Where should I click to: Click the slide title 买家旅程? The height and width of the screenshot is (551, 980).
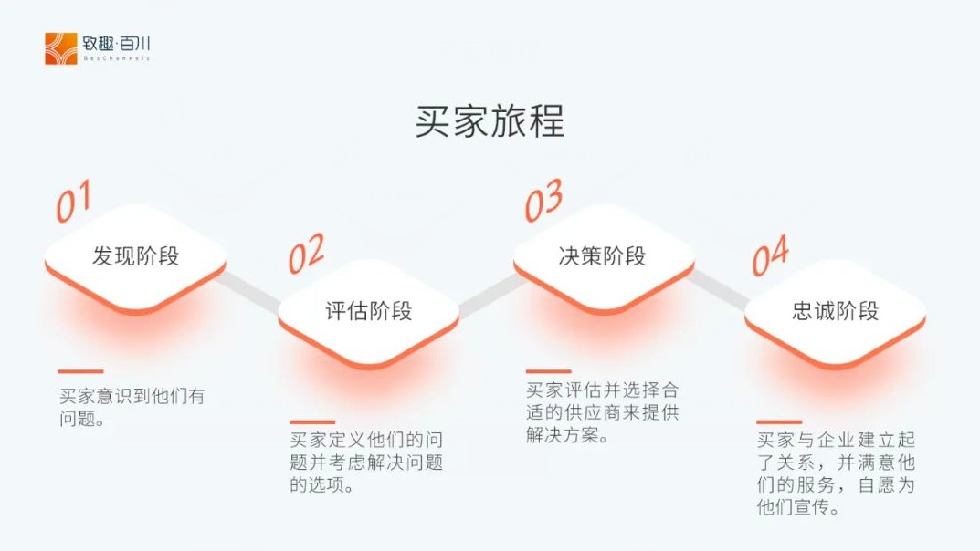[490, 120]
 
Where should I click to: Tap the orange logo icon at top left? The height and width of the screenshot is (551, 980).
[60, 48]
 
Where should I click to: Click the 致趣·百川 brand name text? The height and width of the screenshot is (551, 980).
[116, 44]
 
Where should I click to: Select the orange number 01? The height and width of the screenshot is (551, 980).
[74, 201]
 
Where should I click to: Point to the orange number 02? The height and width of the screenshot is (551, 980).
[306, 254]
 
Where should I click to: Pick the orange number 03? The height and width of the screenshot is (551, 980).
[543, 201]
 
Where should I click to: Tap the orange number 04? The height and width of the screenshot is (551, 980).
[770, 255]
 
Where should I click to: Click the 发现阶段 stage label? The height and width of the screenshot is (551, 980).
[135, 255]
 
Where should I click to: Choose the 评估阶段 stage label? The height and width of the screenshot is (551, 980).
[369, 311]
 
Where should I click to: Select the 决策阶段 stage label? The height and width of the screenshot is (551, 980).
[602, 255]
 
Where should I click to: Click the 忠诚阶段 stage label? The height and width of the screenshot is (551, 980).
[835, 311]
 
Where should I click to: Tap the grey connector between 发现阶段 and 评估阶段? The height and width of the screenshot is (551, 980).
[248, 290]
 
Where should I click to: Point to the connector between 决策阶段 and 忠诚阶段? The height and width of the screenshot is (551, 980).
[718, 289]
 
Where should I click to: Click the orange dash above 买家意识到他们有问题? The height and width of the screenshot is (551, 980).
[80, 371]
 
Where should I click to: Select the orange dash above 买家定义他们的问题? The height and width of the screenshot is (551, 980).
[312, 422]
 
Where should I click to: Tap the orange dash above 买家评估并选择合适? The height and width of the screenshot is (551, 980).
[548, 371]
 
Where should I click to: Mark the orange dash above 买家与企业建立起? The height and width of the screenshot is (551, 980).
[779, 422]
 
